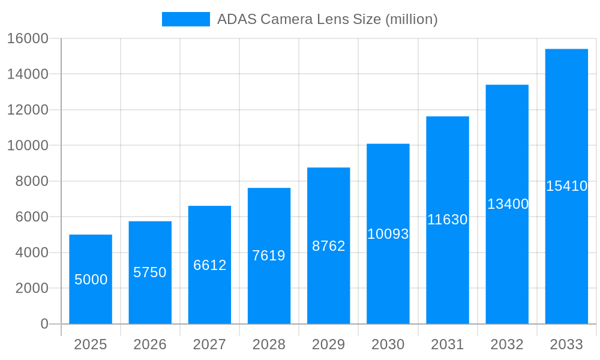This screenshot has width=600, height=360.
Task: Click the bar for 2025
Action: click(x=91, y=279)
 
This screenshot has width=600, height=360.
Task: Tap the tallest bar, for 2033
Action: click(x=566, y=186)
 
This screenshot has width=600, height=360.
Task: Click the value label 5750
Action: click(x=150, y=272)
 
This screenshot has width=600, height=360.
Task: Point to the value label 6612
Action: click(x=209, y=265)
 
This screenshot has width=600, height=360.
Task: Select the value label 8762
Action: click(x=329, y=246)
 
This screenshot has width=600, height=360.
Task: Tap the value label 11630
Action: click(x=448, y=220)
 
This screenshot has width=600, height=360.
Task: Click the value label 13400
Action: click(x=508, y=204)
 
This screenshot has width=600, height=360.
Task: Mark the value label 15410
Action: click(x=566, y=186)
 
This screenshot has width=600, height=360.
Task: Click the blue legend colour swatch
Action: click(x=186, y=19)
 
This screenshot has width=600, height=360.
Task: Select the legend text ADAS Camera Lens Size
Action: click(x=328, y=19)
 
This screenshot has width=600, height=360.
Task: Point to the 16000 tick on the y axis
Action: click(x=28, y=38)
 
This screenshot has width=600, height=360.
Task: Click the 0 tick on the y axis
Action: click(x=44, y=324)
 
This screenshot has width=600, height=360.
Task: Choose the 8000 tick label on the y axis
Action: click(x=31, y=181)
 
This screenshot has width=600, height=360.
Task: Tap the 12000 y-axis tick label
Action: click(x=28, y=110)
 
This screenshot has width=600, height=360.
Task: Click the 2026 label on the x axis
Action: click(x=150, y=344)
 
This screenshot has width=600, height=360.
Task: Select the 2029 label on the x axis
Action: click(x=329, y=344)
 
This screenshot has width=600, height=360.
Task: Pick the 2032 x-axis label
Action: click(x=507, y=344)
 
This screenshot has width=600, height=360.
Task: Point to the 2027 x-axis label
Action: click(x=209, y=344)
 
